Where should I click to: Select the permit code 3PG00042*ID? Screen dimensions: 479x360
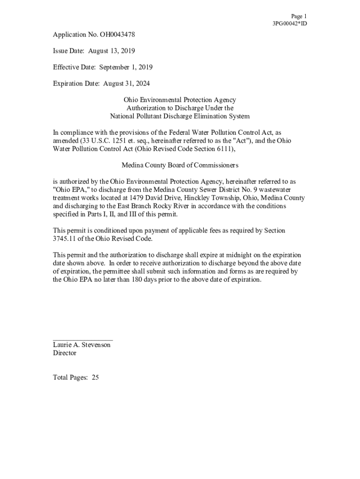click(289, 23)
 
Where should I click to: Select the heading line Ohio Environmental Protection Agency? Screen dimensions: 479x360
click(180, 100)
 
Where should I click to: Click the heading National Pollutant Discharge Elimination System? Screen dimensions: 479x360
click(180, 116)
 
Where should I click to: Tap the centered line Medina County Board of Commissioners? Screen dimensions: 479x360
click(180, 165)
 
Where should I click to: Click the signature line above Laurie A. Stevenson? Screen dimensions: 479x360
click(83, 340)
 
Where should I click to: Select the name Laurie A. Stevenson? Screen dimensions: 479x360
click(82, 345)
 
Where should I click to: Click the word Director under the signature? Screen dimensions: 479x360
click(65, 353)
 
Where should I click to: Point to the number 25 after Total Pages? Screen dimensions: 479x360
click(95, 377)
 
